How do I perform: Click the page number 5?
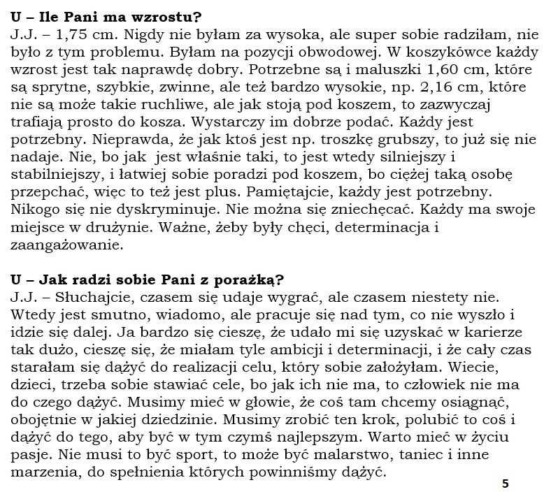coord(506,484)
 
